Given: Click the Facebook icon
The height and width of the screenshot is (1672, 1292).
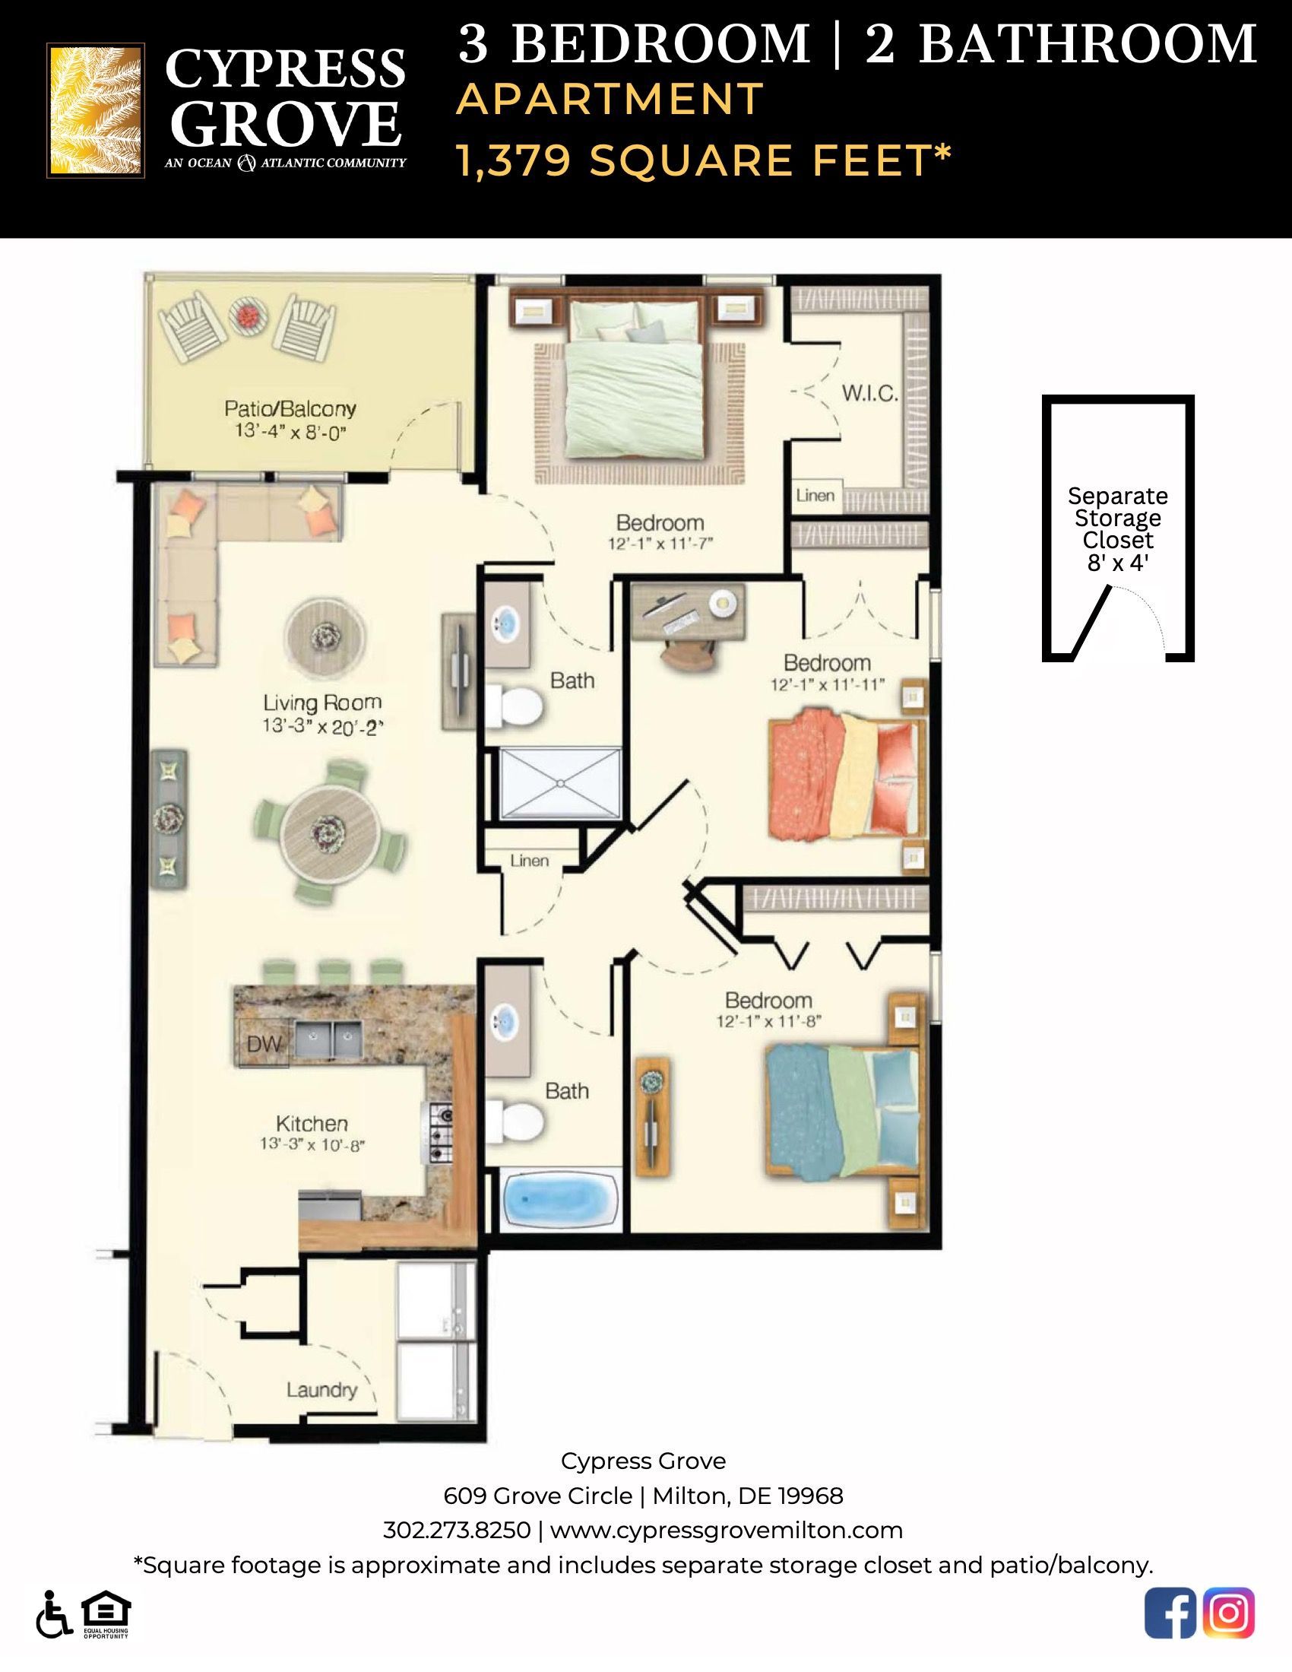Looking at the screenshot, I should tap(1170, 1613).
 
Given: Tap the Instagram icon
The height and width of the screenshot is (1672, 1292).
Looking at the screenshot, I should tap(1228, 1613).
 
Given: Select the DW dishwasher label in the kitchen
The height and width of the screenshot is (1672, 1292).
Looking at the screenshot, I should tap(263, 1043).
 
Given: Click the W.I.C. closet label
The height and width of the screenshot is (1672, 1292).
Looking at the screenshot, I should tap(869, 394).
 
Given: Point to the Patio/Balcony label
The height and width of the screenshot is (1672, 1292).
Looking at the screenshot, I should tap(290, 408).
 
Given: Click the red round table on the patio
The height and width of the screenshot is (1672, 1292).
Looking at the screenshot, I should tap(249, 316).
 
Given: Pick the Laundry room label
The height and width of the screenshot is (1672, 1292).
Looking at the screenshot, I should tap(321, 1389).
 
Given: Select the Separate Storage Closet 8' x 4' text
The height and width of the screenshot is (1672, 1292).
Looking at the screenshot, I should tap(1117, 529).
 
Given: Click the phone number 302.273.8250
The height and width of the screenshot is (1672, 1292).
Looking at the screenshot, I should tap(456, 1530).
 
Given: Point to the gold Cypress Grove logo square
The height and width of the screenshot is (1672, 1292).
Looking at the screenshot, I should tap(96, 110).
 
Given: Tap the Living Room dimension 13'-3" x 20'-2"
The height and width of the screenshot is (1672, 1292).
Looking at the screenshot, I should tap(321, 726).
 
